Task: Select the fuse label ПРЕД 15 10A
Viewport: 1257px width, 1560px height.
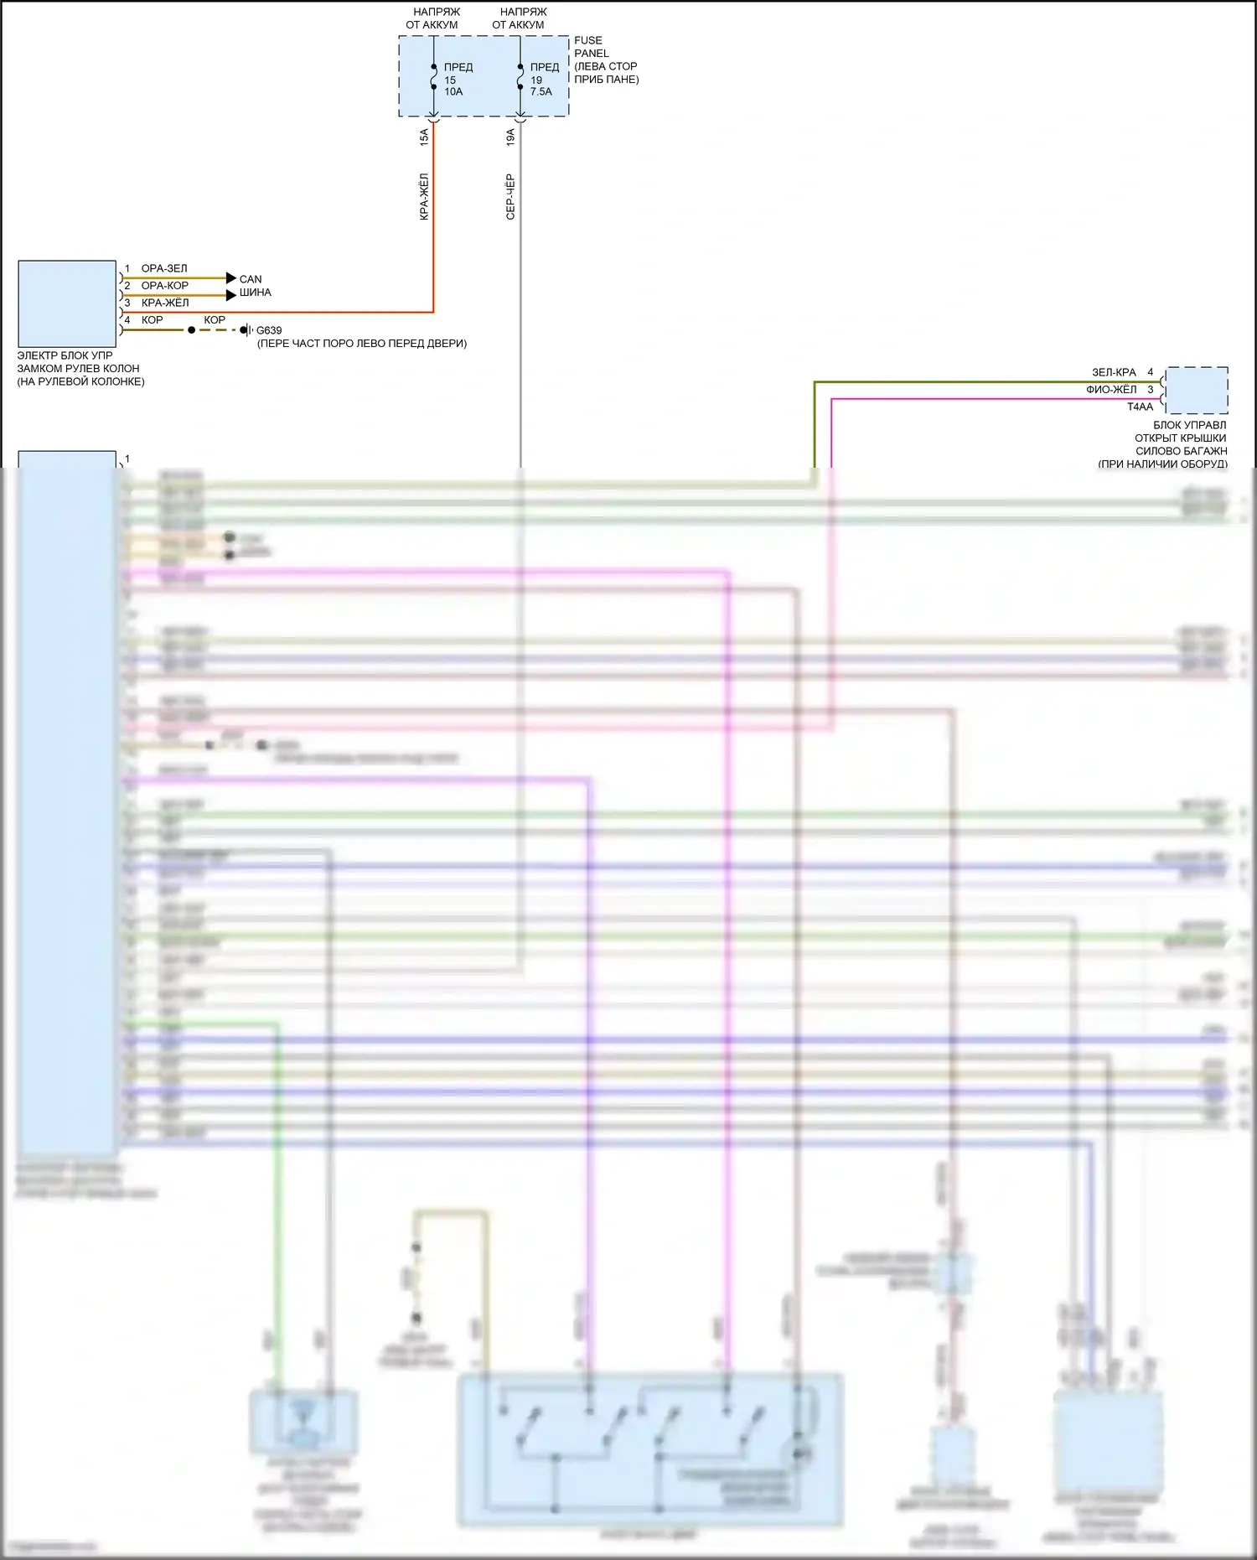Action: tap(457, 80)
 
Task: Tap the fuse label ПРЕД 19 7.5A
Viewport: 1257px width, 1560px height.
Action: tap(543, 80)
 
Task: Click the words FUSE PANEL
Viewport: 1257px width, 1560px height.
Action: tap(590, 46)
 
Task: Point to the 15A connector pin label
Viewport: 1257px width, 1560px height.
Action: tap(424, 137)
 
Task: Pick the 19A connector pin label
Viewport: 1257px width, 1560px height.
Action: tap(510, 137)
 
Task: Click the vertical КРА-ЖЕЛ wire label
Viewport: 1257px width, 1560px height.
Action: tap(424, 197)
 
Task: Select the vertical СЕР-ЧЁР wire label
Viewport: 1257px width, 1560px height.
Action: tap(510, 197)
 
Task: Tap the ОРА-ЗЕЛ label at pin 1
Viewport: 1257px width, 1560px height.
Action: tap(164, 268)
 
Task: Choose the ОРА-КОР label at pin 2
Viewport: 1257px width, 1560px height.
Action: tap(165, 286)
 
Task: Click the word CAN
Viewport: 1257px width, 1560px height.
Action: tap(251, 279)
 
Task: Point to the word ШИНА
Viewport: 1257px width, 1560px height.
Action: tap(255, 293)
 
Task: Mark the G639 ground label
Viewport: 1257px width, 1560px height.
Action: tap(269, 330)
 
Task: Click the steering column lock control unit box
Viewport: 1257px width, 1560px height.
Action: tap(67, 303)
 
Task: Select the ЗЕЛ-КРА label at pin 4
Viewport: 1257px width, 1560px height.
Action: tap(1114, 372)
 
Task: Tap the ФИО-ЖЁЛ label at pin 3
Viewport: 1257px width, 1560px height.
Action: tap(1111, 390)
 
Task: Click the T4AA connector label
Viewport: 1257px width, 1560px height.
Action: tap(1140, 407)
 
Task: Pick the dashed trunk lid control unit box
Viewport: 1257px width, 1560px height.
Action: tap(1197, 390)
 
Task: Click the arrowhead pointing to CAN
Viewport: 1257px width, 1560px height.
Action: tap(231, 278)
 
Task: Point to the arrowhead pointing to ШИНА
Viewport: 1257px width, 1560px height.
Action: tap(231, 295)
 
